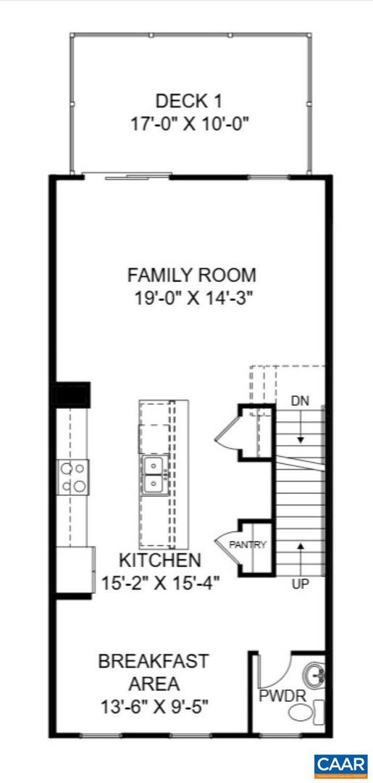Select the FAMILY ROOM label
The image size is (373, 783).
(191, 275)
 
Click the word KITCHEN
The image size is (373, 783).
(159, 560)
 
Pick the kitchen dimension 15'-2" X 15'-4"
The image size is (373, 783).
(160, 582)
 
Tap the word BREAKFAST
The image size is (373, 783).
(154, 661)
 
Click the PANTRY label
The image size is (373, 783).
(248, 544)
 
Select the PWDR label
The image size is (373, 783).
(278, 697)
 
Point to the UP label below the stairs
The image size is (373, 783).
(300, 582)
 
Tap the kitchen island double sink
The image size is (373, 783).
(154, 474)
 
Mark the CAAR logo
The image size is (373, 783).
(341, 765)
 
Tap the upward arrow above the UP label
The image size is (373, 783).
(300, 551)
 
